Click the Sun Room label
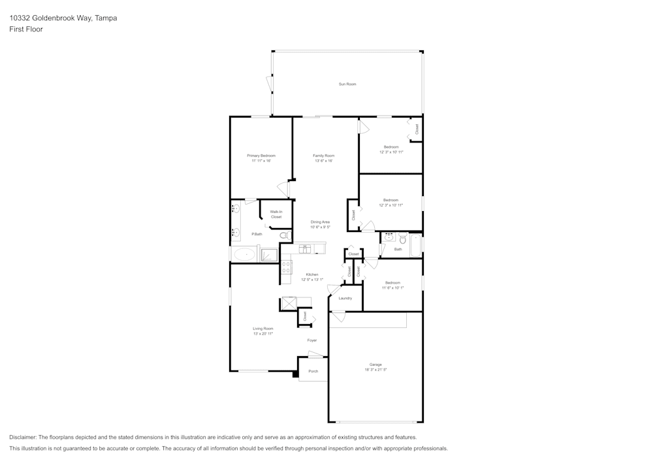tap(347, 84)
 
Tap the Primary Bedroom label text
tap(261, 156)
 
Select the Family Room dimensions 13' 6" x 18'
tap(323, 161)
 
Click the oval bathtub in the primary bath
tap(246, 254)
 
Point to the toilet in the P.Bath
tap(284, 235)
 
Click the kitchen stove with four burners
tap(286, 267)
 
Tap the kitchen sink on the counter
tap(305, 249)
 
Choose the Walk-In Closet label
tap(276, 214)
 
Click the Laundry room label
tap(345, 298)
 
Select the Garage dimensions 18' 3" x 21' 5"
tap(375, 370)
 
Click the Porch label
tap(313, 371)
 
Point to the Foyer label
tap(312, 340)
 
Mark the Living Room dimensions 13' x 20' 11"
tap(263, 334)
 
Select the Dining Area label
tap(320, 222)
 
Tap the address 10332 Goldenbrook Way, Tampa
tap(63, 18)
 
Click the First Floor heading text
tap(26, 29)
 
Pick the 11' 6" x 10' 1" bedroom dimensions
tap(392, 288)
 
